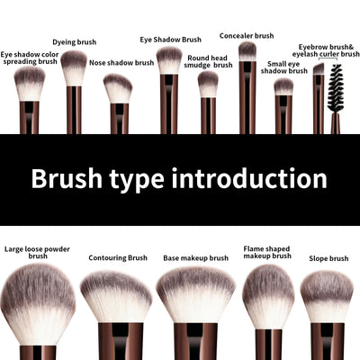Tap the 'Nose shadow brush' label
click(x=121, y=63)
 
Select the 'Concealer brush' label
click(x=247, y=36)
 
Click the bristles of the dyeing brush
click(x=74, y=67)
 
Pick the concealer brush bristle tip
click(x=247, y=50)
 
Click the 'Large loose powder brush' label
click(x=38, y=251)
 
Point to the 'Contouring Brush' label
click(x=118, y=258)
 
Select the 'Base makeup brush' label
click(x=195, y=258)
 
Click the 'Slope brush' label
click(x=327, y=258)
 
